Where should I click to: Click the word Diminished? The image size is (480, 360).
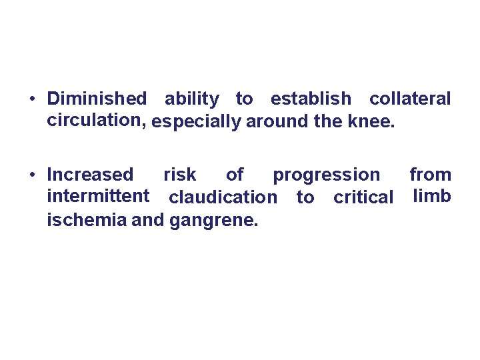(97, 99)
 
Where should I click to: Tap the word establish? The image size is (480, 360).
(310, 99)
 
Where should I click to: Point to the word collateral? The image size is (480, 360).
(410, 99)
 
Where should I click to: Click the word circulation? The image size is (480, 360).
(97, 121)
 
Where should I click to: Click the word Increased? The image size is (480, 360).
(90, 175)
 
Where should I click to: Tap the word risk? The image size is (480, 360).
(180, 175)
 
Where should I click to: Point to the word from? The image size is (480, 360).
(430, 175)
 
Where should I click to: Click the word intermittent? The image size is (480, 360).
(98, 197)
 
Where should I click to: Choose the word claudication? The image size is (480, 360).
(223, 198)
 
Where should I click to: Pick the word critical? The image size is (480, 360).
(363, 198)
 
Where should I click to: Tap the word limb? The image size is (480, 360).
(432, 197)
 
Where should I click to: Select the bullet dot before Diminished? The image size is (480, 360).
(32, 100)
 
